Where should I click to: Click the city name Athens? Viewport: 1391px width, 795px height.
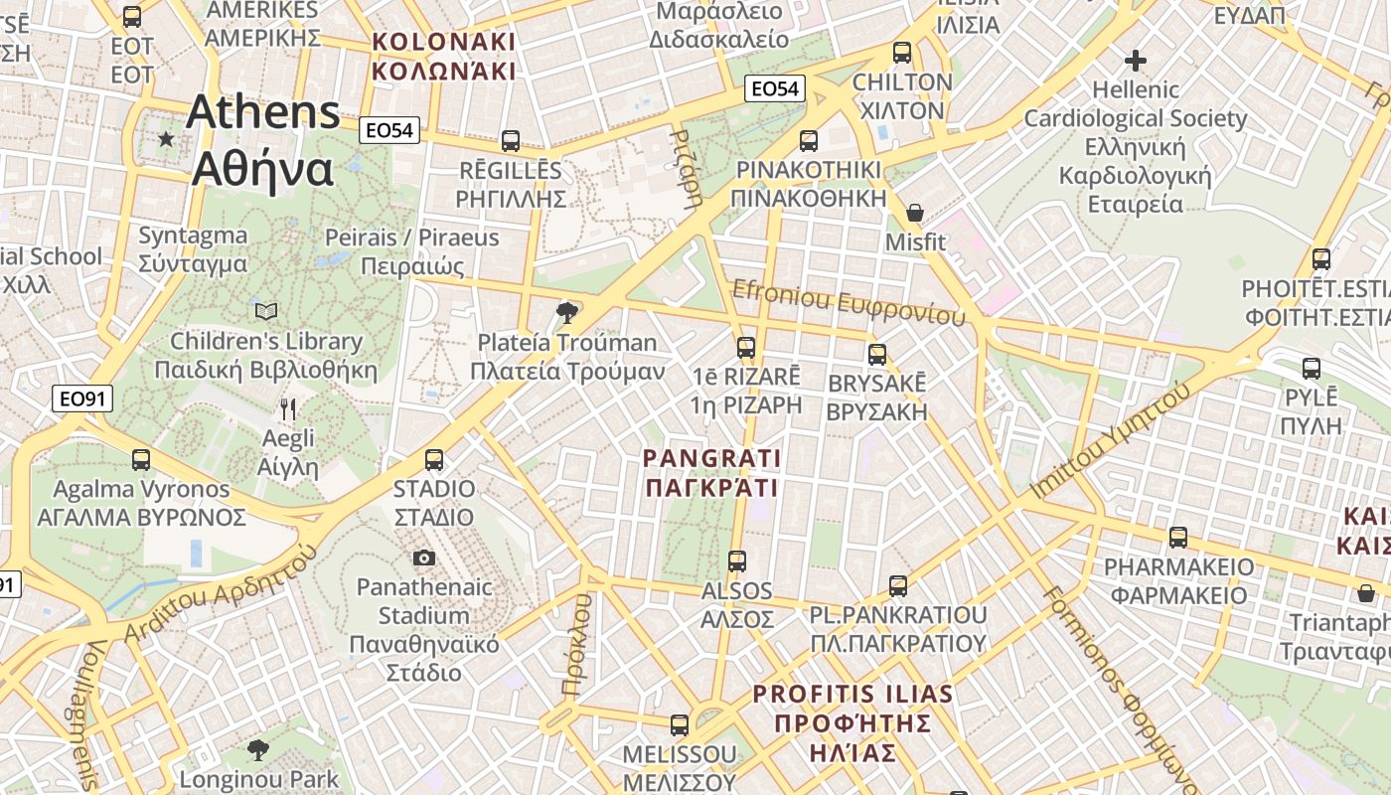pyautogui.click(x=263, y=112)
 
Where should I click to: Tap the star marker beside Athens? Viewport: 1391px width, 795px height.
pyautogui.click(x=166, y=139)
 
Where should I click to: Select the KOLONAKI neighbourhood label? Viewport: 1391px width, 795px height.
pyautogui.click(x=443, y=43)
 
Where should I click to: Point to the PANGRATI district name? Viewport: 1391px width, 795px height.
pyautogui.click(x=711, y=458)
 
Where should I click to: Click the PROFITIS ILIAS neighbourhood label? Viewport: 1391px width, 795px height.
pyautogui.click(x=852, y=695)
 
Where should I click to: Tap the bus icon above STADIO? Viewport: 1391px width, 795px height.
pyautogui.click(x=434, y=459)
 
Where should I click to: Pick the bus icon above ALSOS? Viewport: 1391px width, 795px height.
pyautogui.click(x=737, y=560)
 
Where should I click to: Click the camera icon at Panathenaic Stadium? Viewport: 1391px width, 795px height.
pyautogui.click(x=424, y=557)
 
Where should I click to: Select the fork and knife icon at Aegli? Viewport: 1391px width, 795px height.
pyautogui.click(x=288, y=408)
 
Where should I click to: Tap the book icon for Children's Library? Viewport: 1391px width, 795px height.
pyautogui.click(x=266, y=312)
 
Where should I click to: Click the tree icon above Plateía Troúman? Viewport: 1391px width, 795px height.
pyautogui.click(x=567, y=314)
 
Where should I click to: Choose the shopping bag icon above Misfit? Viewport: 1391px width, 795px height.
pyautogui.click(x=915, y=213)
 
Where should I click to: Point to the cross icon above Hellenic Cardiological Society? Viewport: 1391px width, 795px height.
pyautogui.click(x=1136, y=60)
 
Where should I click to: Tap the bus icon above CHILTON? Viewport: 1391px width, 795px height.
pyautogui.click(x=902, y=53)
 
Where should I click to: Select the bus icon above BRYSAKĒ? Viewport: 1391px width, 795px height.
pyautogui.click(x=877, y=354)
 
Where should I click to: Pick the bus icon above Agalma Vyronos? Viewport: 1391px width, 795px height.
pyautogui.click(x=141, y=459)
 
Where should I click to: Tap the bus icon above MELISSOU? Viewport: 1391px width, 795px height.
pyautogui.click(x=680, y=725)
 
